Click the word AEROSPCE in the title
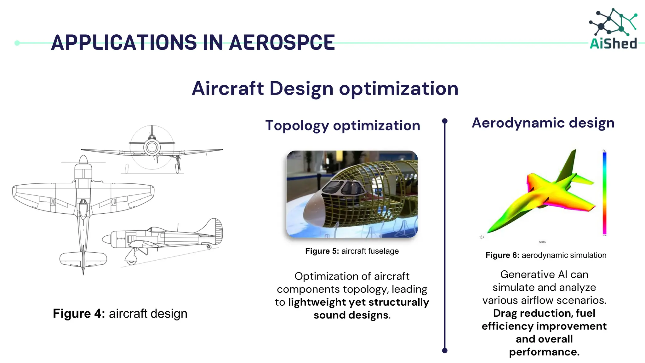pos(282,43)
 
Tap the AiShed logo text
pos(613,43)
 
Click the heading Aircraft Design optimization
pos(325,88)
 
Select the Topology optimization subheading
pos(343,125)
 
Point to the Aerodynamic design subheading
pos(543,123)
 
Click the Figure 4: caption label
pos(79,314)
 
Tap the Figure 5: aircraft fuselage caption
pos(352,251)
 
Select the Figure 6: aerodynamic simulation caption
pos(546,255)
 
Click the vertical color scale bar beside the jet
pos(604,193)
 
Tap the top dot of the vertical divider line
pos(445,121)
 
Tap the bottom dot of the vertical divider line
pos(445,350)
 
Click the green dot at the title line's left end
pos(17,43)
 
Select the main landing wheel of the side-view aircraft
pos(131,260)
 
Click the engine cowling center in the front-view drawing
pos(152,147)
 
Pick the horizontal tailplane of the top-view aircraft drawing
pos(83,259)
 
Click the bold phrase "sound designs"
pos(351,315)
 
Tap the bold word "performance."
pos(544,352)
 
